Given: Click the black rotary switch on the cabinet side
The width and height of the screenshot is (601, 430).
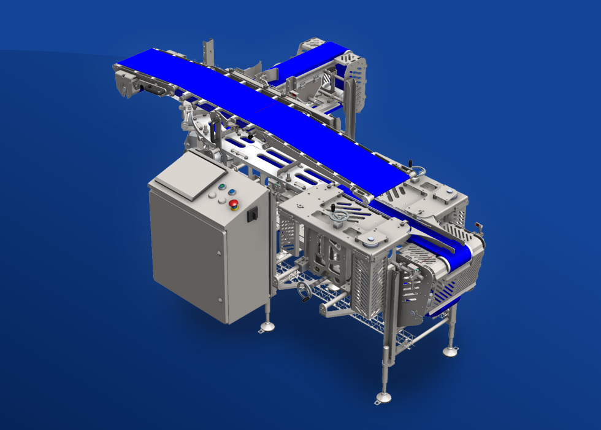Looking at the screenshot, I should (250, 216).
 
